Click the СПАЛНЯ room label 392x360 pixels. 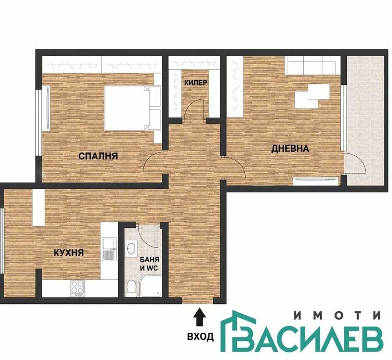pos(98,156)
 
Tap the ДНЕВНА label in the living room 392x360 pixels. pos(290,149)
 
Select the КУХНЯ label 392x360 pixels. pos(69,253)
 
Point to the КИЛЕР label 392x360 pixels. pos(196,83)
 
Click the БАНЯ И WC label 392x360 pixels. pos(149,264)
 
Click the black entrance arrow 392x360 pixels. pos(199,317)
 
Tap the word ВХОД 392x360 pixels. pos(200,337)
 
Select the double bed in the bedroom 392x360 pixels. pos(133,108)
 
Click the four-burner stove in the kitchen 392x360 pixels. pos(78,289)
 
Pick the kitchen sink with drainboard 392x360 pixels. pos(109,249)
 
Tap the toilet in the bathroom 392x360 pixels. pos(131,289)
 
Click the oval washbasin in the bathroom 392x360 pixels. pos(130,248)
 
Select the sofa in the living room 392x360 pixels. pos(312,65)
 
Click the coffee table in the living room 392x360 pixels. pos(312,96)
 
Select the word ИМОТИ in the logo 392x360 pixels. pos(338,316)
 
